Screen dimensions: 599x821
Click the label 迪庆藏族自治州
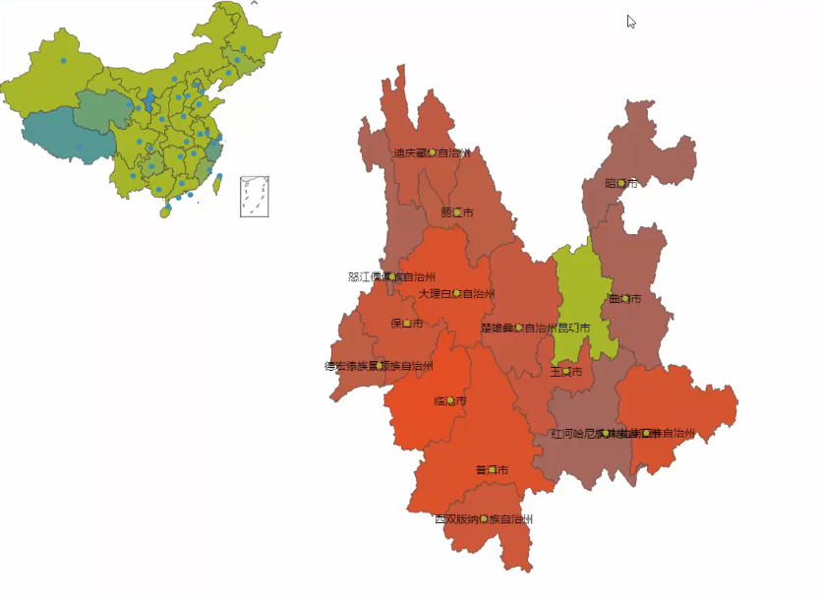coord(432,152)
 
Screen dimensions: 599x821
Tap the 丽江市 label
coord(457,212)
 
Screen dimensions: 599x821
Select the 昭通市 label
coord(621,183)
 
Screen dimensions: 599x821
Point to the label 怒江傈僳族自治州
coord(391,277)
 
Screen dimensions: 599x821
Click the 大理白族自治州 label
coord(456,293)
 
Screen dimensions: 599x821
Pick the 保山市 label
coord(406,324)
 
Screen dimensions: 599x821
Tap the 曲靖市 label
coord(625,298)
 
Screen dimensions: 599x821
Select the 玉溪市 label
coord(566,372)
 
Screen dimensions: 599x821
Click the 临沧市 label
coord(449,400)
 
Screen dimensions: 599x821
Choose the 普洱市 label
coord(492,469)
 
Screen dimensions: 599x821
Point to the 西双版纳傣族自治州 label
coord(484,518)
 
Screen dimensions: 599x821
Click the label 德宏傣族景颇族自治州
coord(379,367)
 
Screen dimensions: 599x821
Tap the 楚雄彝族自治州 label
coord(518,328)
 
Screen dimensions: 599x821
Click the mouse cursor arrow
coord(631,22)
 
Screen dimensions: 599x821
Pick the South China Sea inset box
coord(255,195)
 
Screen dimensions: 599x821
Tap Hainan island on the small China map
coord(165,210)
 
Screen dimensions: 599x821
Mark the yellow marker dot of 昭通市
coord(621,183)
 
